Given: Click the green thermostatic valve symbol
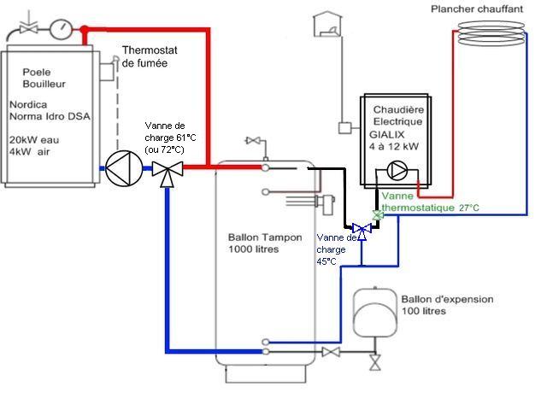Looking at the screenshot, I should pos(378,214).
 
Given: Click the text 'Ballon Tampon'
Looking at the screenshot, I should pos(265,237).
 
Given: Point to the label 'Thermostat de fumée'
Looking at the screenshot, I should pos(156,56).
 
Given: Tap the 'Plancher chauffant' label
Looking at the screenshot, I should pos(479,8).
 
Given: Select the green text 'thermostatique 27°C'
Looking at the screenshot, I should pos(431,208).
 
